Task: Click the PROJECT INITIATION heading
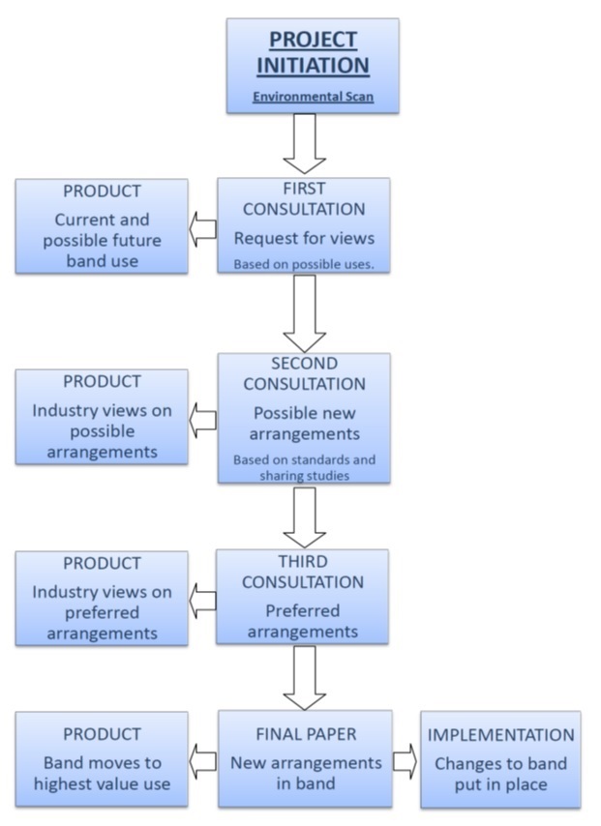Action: coord(313,52)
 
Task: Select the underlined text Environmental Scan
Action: coord(313,97)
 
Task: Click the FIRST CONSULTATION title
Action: coord(304,199)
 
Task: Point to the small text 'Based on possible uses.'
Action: coord(304,263)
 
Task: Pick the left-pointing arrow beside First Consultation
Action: coord(202,228)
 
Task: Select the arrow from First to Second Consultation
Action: coord(304,312)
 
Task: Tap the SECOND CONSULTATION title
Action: coord(304,374)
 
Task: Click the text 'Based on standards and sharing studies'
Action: coord(304,467)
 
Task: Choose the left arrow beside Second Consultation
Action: coord(202,419)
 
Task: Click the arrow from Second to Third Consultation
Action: coord(304,517)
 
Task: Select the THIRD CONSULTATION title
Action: coord(302,572)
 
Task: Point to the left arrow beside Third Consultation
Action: coord(202,600)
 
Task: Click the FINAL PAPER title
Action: coord(306,734)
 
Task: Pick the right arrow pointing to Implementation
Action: coord(405,761)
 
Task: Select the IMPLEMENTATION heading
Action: coord(500,735)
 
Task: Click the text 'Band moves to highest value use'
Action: coord(102,774)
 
